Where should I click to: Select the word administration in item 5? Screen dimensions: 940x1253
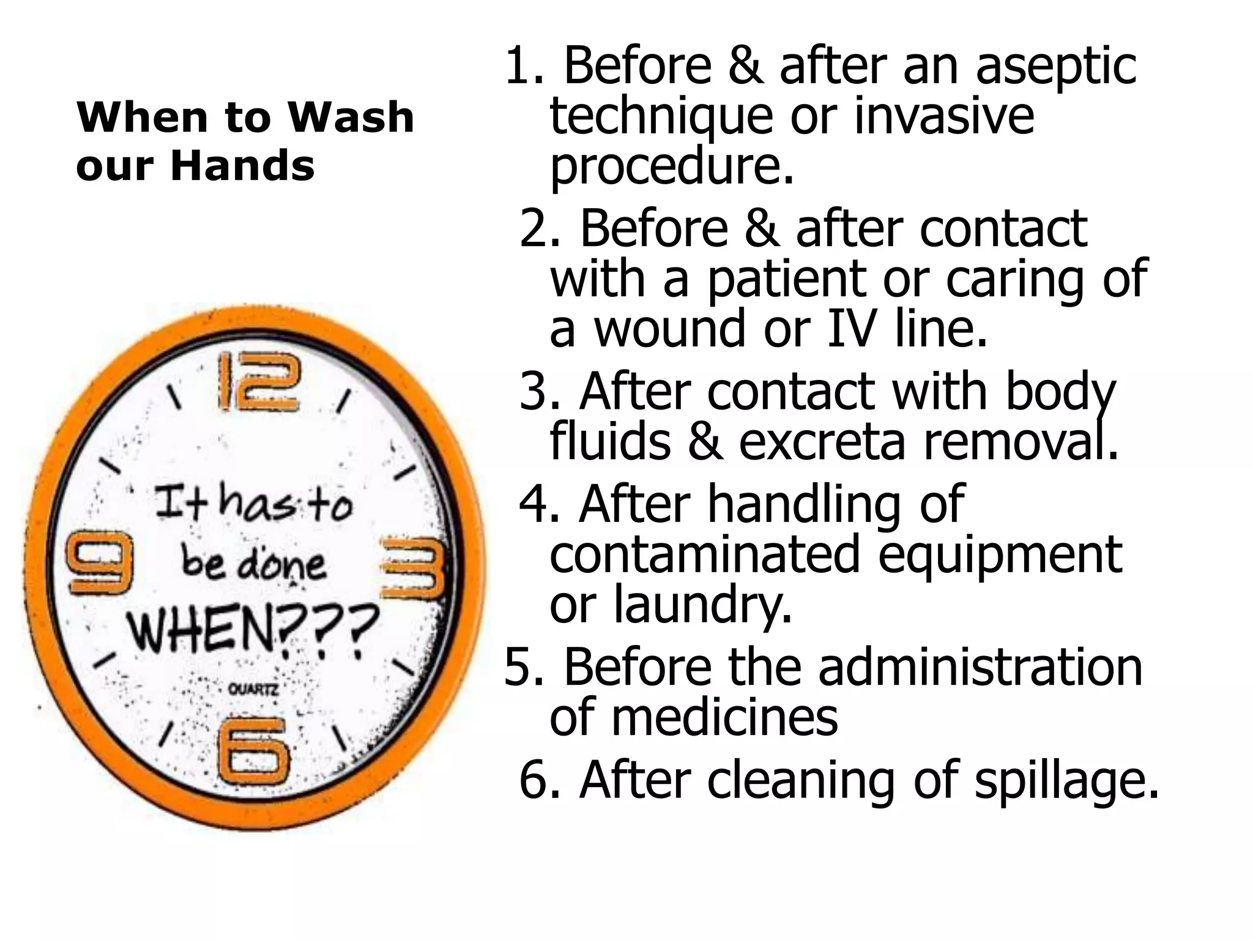click(980, 667)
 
